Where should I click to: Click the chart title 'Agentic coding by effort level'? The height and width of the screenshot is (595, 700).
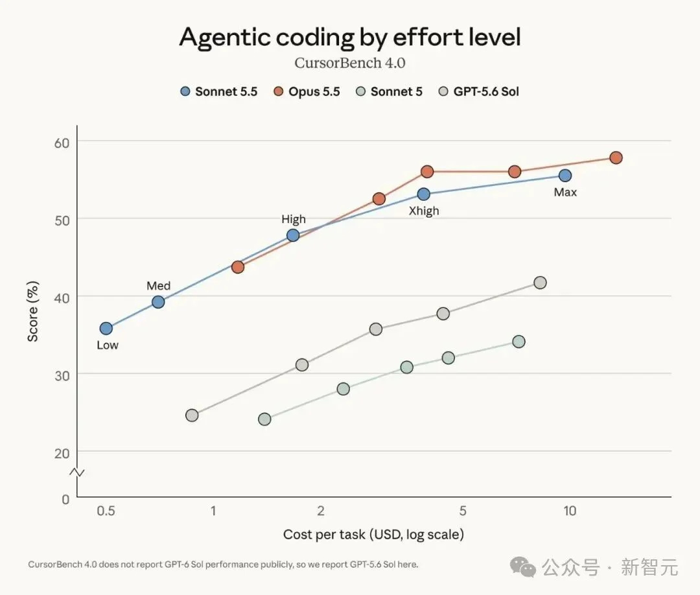point(350,38)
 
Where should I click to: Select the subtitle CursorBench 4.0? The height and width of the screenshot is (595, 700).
point(350,63)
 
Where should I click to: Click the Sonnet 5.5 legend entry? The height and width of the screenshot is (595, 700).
point(219,91)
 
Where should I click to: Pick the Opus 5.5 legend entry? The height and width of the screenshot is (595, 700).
point(306,91)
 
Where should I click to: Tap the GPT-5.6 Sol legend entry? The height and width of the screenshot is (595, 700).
point(478,91)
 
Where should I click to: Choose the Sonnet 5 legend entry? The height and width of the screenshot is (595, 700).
point(389,91)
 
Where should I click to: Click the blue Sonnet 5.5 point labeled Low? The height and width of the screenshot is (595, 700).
point(106,329)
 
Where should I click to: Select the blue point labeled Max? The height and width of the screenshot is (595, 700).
point(565,176)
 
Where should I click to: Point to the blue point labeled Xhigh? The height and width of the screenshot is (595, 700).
point(424,194)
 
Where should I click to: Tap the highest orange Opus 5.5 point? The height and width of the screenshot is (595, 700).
point(616,157)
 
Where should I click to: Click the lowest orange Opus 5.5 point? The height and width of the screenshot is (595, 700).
point(238,267)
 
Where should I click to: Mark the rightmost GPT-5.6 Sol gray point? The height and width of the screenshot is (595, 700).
point(540,283)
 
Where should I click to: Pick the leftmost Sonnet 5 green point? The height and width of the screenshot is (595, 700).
point(264,419)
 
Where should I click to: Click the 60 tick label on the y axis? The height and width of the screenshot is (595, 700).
point(62,143)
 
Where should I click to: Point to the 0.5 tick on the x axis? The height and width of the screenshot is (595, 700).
point(106,511)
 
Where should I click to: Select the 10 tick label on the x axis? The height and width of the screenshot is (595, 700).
point(570,511)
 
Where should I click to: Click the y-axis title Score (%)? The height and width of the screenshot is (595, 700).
point(33,312)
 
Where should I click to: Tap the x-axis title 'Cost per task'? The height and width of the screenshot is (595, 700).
point(324,534)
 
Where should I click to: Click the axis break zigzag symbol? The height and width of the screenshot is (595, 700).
point(77,472)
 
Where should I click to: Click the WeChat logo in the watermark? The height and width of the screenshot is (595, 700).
point(523,567)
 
